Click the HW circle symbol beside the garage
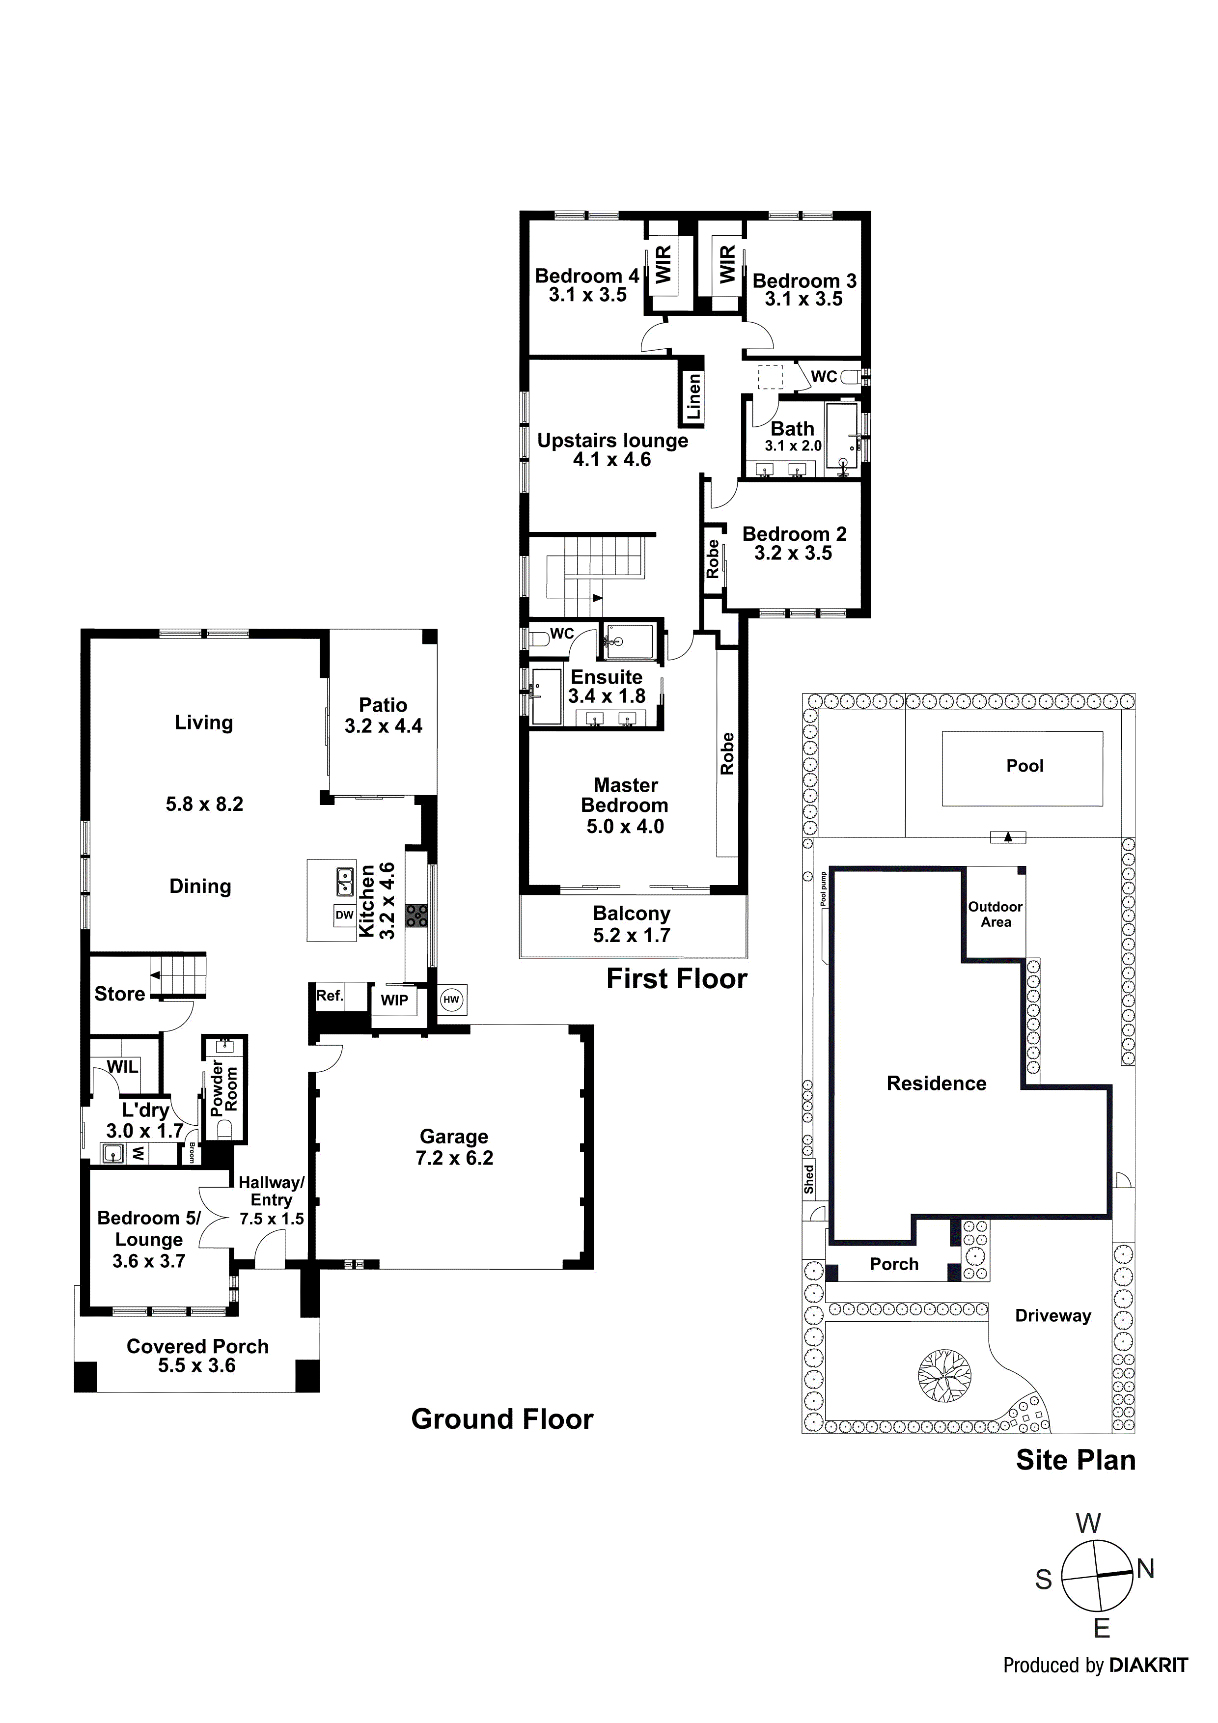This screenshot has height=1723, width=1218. tap(451, 1000)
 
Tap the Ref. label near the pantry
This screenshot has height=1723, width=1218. tap(330, 995)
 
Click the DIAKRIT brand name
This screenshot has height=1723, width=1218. tap(1148, 1665)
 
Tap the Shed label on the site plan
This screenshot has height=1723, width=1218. tap(808, 1179)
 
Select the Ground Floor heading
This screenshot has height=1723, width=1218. tap(502, 1419)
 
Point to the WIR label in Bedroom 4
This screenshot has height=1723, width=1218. tap(664, 265)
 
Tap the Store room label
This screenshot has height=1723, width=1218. tap(119, 994)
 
